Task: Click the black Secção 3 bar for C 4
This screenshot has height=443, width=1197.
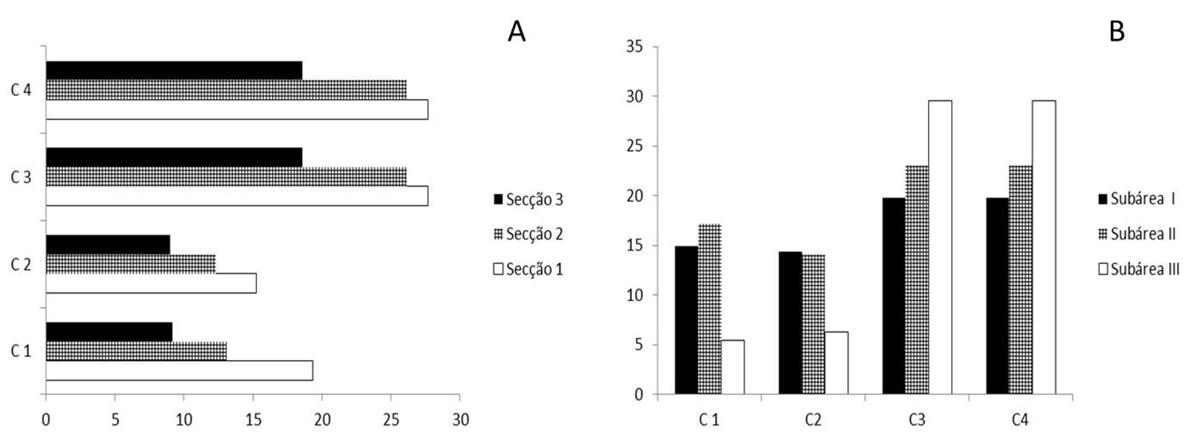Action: pyautogui.click(x=174, y=70)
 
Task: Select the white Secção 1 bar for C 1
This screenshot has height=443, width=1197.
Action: pyautogui.click(x=180, y=370)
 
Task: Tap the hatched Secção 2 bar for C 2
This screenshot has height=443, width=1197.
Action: pyautogui.click(x=131, y=264)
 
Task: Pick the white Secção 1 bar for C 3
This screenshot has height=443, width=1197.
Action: pyautogui.click(x=237, y=196)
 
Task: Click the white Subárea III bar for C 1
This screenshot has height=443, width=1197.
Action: pyautogui.click(x=733, y=367)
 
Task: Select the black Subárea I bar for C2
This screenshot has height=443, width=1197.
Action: pyautogui.click(x=790, y=322)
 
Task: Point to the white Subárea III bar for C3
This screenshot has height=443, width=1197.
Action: pyautogui.click(x=940, y=247)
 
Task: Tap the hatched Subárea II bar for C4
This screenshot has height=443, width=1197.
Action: pyautogui.click(x=1021, y=280)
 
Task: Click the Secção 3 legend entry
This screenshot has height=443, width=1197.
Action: pyautogui.click(x=528, y=200)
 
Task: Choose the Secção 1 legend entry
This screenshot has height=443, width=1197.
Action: pyautogui.click(x=528, y=269)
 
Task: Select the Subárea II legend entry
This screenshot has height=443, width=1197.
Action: pyautogui.click(x=1136, y=234)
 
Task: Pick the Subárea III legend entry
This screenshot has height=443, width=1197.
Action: pyautogui.click(x=1139, y=269)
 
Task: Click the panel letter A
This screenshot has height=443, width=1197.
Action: pyautogui.click(x=517, y=31)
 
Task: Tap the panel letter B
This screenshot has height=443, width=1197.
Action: pyautogui.click(x=1117, y=31)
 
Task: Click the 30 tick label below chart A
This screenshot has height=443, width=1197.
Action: pyautogui.click(x=460, y=420)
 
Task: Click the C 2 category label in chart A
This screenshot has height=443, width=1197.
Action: pyautogui.click(x=22, y=264)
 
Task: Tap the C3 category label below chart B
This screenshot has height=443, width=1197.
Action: pyautogui.click(x=916, y=420)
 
